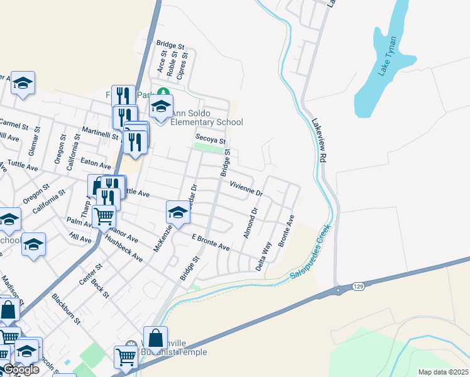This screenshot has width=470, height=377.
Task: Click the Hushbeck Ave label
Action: click(x=124, y=249)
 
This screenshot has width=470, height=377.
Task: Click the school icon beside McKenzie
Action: click(x=178, y=212)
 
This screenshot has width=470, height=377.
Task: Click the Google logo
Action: click(x=20, y=370)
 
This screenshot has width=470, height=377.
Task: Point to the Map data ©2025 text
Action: click(x=443, y=372)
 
